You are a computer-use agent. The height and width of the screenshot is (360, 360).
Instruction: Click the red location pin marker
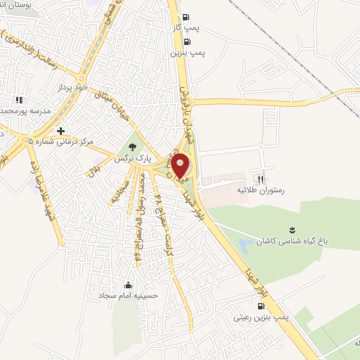click(181, 165)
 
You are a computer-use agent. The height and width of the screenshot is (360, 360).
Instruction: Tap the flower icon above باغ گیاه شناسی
click(293, 229)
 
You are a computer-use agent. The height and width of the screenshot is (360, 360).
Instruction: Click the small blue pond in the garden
click(246, 246)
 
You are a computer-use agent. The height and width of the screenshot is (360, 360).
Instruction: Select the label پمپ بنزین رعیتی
click(262, 318)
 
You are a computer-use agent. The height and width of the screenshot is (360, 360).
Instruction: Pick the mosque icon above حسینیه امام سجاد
click(128, 285)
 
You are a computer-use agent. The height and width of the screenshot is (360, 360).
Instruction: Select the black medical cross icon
click(61, 131)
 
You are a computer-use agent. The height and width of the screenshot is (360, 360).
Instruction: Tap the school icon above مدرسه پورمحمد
click(19, 101)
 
